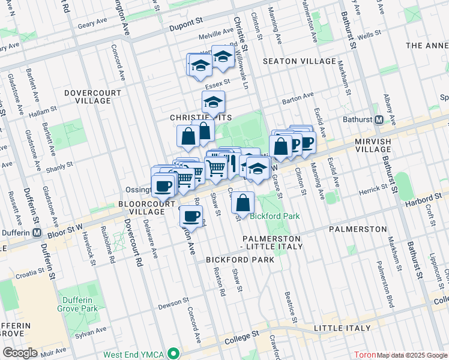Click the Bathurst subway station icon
[379, 119]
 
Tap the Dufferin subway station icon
[37, 233]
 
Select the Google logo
[20, 352]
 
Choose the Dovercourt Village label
[87, 97]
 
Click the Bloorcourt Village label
[142, 208]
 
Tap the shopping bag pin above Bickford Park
[243, 203]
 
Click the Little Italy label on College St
[337, 329]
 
